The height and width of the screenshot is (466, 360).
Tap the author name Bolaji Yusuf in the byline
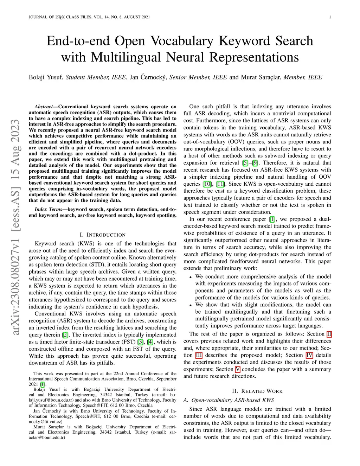point(46,77)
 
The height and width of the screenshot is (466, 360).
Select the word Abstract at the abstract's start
point(44,107)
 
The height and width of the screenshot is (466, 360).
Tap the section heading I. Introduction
point(103,235)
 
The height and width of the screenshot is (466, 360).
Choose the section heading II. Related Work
point(257,391)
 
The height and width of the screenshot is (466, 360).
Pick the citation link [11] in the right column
point(220,184)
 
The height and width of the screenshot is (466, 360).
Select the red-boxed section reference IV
point(309,355)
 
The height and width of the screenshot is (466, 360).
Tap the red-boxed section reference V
point(238,369)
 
